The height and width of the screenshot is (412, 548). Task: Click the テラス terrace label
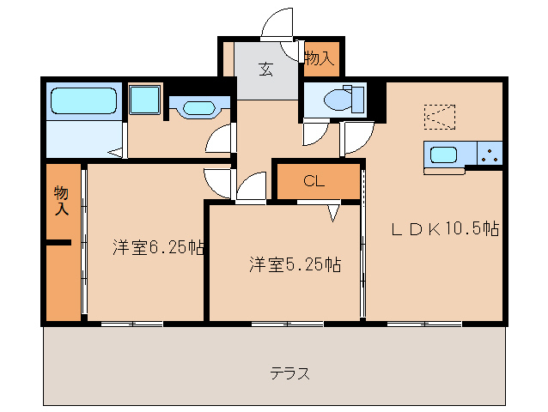coord(289,373)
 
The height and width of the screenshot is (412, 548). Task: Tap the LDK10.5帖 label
coord(446,229)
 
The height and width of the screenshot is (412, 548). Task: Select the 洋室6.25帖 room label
coord(158,248)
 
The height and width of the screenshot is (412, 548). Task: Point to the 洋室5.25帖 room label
coord(295,264)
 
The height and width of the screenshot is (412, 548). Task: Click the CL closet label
coord(314,181)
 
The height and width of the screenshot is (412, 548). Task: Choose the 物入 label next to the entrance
coord(319,58)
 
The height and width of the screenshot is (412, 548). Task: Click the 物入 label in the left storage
coord(61,198)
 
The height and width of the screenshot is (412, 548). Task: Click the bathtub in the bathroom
coord(82,101)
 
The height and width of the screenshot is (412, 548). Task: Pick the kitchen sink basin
coord(444,155)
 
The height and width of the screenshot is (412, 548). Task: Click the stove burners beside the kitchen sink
coord(490,154)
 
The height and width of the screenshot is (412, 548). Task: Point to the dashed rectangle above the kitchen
coord(441,115)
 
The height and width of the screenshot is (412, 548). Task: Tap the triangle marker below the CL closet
coord(332,210)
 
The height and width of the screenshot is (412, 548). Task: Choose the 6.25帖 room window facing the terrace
coord(131,324)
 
